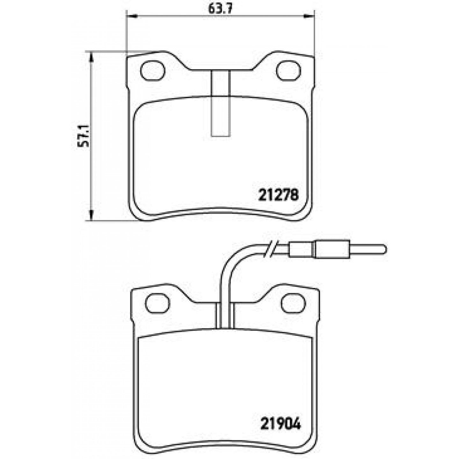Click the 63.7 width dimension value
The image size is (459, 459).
pos(220,9)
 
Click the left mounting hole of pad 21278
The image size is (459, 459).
pos(153,71)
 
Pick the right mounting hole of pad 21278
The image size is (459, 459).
pos(288,71)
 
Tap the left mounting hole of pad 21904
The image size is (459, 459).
pos(157,303)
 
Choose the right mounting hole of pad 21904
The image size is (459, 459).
pos(293,303)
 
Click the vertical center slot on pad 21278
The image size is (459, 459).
pos(221,103)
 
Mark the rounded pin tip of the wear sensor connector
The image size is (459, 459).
pos(383,250)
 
